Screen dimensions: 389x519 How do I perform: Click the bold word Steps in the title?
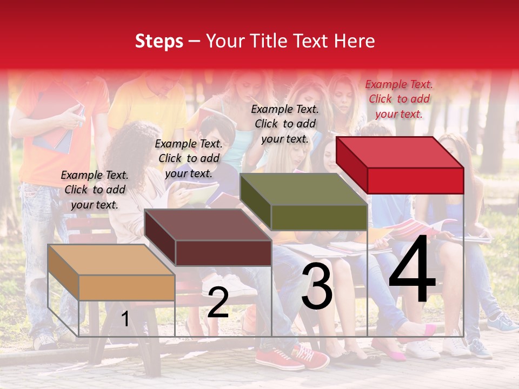[x=159, y=42]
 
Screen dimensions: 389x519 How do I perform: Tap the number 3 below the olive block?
[x=317, y=288]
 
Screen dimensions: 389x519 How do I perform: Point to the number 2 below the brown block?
[x=218, y=303]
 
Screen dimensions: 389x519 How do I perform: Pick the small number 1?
[x=125, y=319]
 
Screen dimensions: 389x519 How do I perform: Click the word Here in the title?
[x=354, y=41]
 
